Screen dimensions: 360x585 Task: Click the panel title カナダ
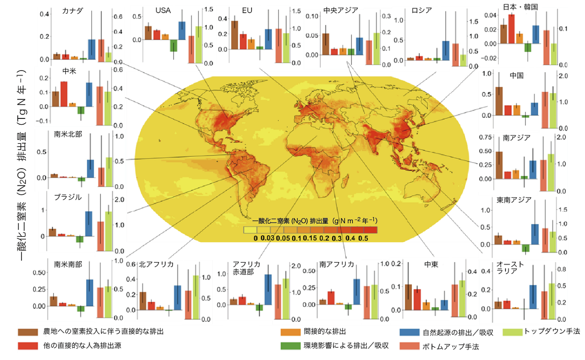pyautogui.click(x=72, y=11)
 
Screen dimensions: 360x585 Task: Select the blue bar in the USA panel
pyautogui.click(x=181, y=31)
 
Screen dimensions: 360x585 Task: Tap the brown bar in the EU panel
pyautogui.click(x=234, y=35)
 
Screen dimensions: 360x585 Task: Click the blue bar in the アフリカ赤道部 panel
pyautogui.click(x=268, y=290)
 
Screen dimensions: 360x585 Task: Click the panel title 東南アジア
pyautogui.click(x=513, y=200)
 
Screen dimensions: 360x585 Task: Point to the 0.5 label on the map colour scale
pyautogui.click(x=363, y=239)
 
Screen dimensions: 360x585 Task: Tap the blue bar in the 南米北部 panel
pyautogui.click(x=90, y=168)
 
